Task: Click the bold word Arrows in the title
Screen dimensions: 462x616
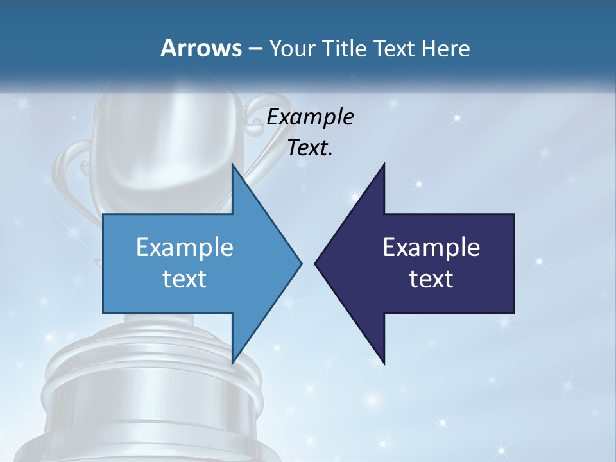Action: click(200, 48)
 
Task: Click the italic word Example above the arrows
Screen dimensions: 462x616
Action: click(310, 117)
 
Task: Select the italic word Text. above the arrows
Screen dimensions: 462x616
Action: click(310, 148)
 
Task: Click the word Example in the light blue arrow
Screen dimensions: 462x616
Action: click(185, 248)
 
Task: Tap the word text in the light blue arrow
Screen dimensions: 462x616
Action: click(185, 278)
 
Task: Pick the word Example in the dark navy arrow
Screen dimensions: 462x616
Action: click(431, 248)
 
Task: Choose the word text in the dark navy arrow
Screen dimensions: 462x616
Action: click(431, 278)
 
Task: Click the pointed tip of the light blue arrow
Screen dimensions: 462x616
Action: click(301, 263)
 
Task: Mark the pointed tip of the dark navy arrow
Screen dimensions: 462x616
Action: click(315, 263)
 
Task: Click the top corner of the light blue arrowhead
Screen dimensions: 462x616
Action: click(232, 165)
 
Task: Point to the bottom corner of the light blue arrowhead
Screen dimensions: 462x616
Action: click(232, 363)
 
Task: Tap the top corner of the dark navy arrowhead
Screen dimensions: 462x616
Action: click(384, 165)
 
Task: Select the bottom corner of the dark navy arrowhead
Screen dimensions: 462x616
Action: click(384, 363)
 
